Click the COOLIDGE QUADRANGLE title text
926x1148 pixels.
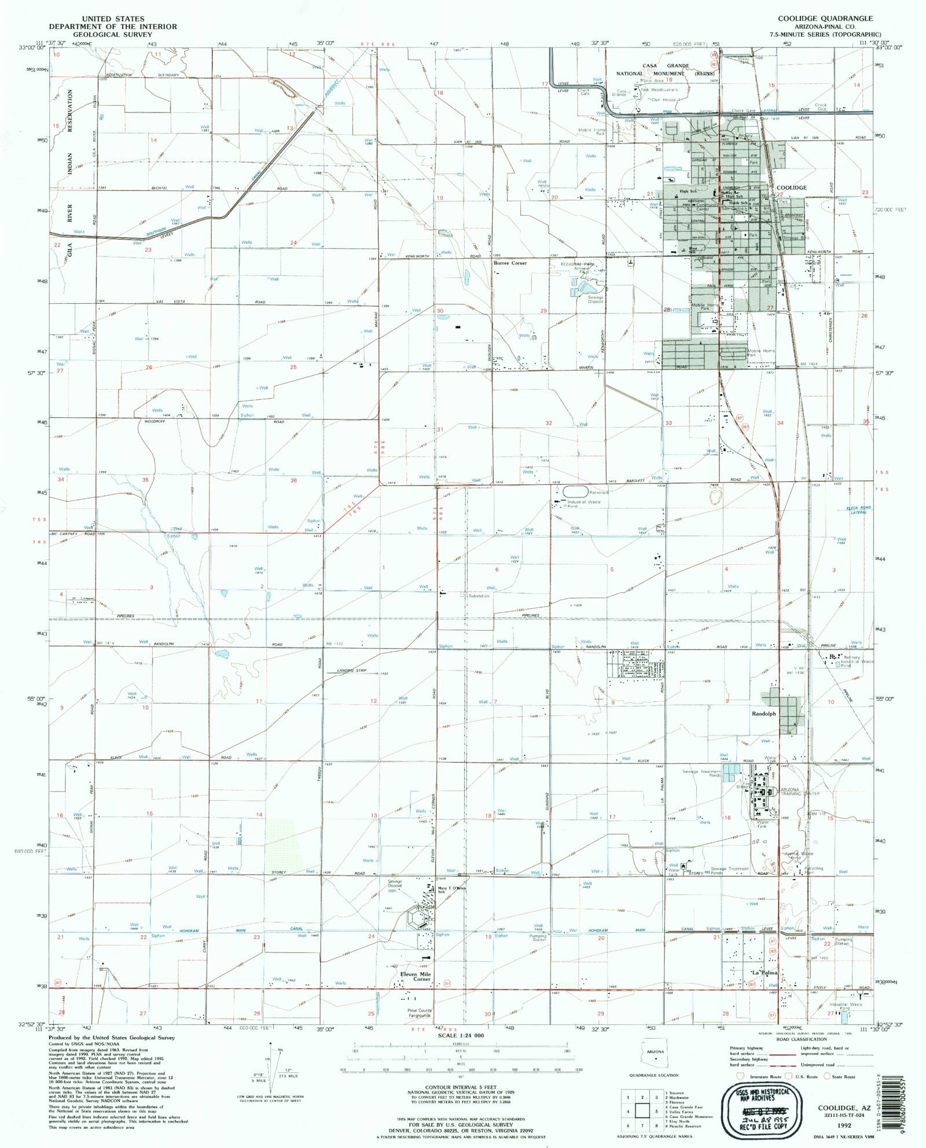click(824, 19)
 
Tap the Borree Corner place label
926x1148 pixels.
click(510, 263)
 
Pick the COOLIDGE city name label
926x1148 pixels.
click(791, 187)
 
